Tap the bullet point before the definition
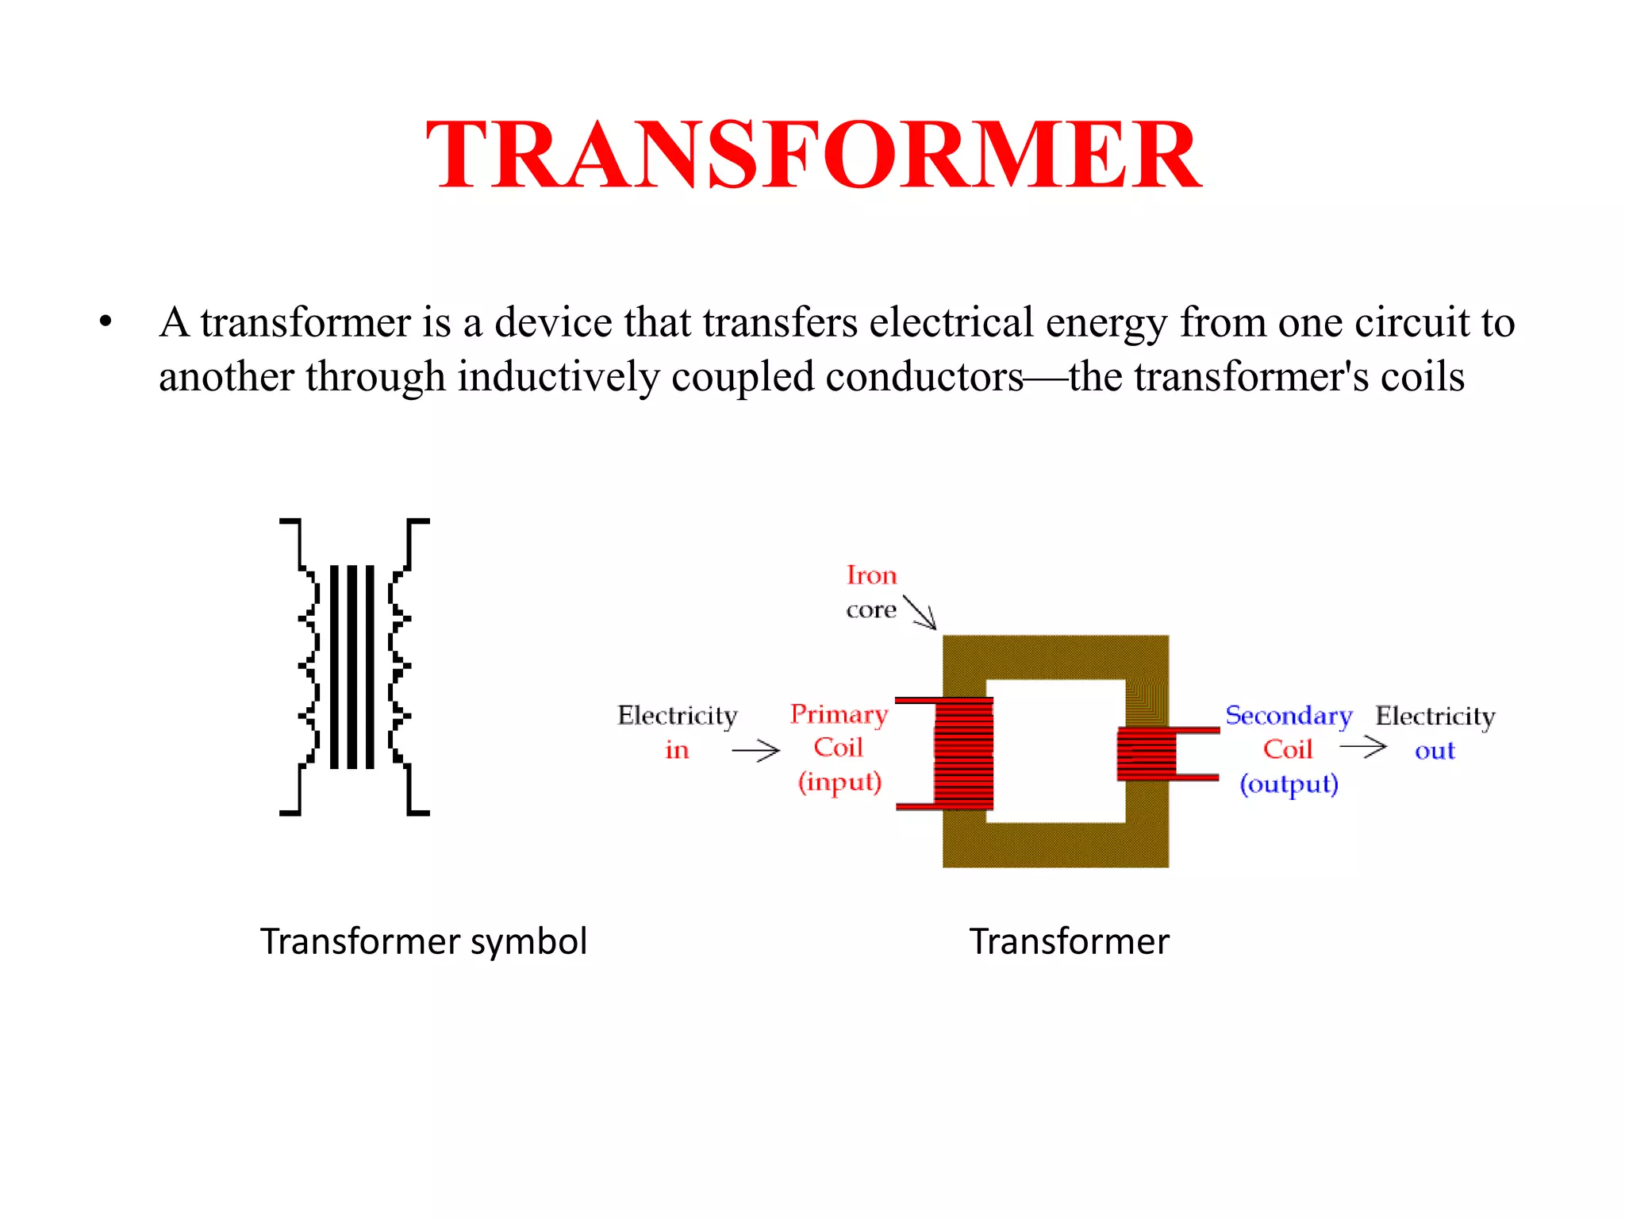106,323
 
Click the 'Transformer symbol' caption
423,941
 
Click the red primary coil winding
963,754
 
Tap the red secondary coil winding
1146,754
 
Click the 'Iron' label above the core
871,575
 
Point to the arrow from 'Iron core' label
920,613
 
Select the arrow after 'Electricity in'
755,750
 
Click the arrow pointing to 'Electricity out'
1362,747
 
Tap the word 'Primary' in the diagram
839,714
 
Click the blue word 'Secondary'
1289,716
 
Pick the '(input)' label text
839,783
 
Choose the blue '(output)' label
1289,784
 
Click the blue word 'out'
1435,751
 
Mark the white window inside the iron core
1055,750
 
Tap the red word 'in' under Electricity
677,750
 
